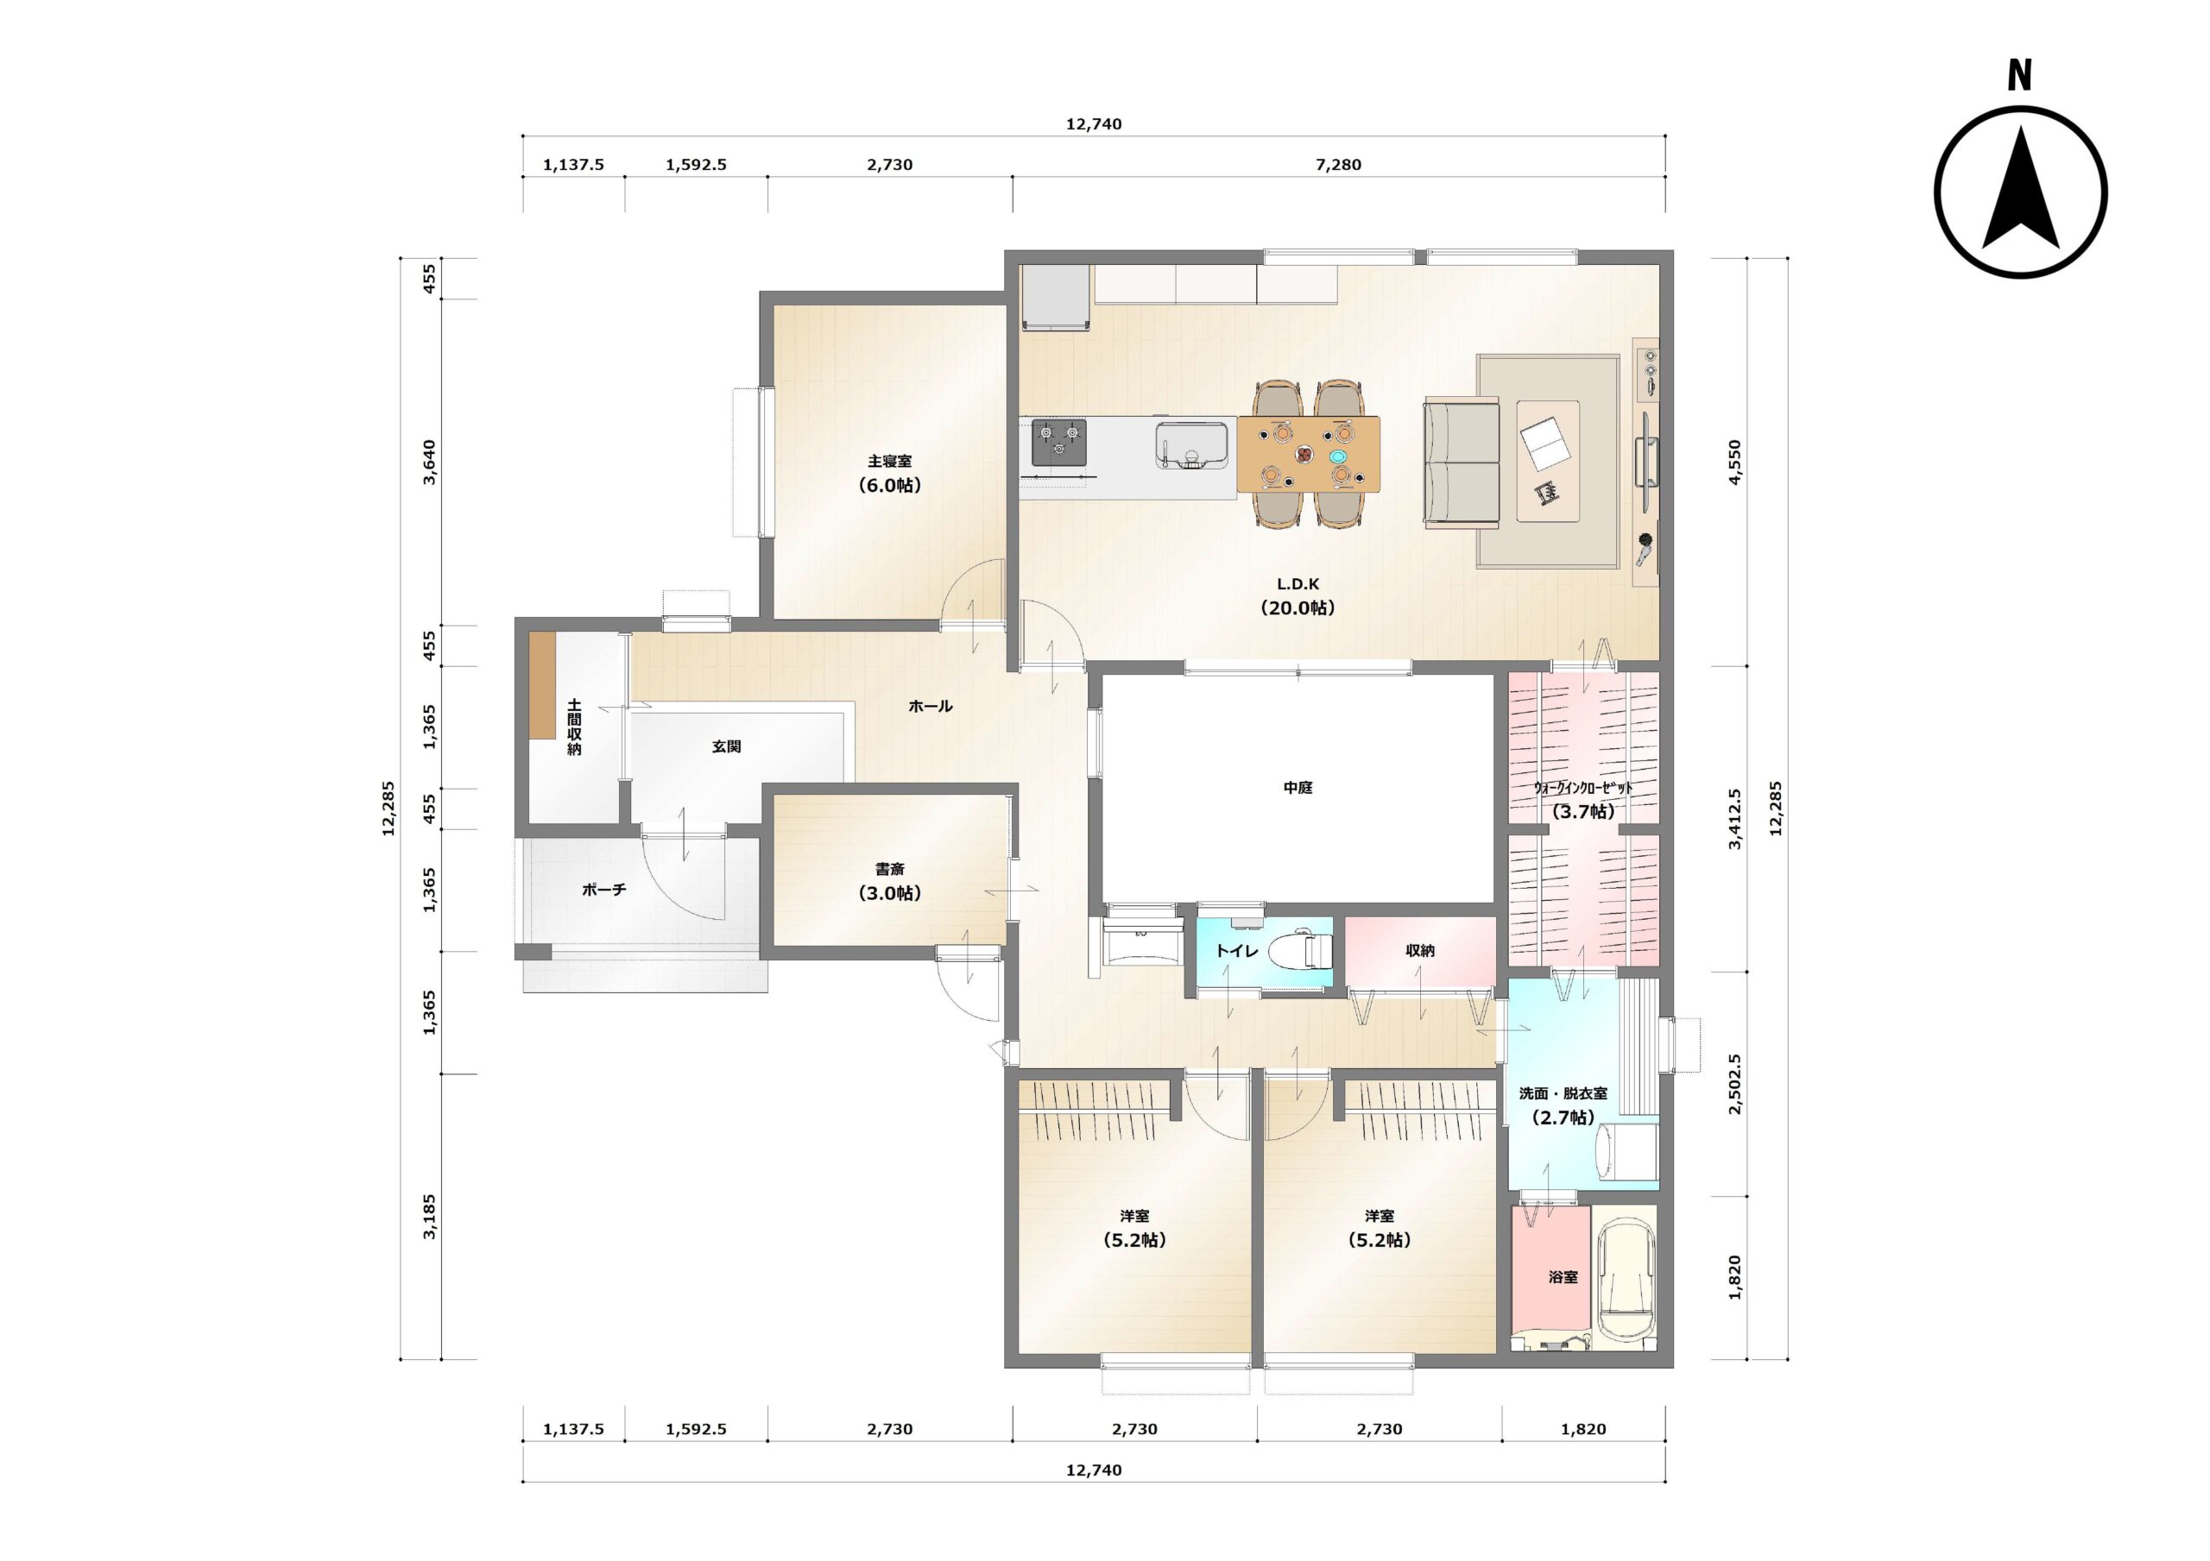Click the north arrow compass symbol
2020,192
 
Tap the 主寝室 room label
889,461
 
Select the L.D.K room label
1298,584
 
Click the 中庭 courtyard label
1298,787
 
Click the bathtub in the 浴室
1626,1277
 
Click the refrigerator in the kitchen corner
1057,298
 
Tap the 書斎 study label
889,869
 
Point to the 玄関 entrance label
726,746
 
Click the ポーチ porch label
603,891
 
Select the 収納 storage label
1420,950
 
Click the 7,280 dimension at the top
1338,165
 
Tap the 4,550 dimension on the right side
1734,462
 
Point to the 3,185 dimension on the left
429,1217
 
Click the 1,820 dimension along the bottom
1583,1429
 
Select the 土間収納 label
574,727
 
